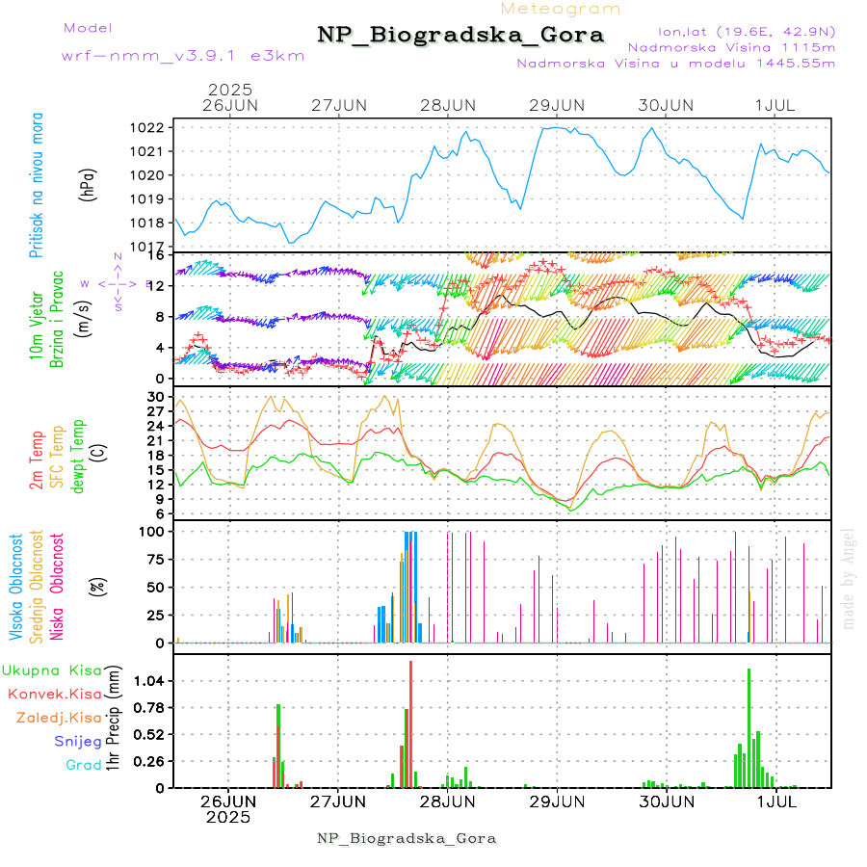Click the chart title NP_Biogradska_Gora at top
coord(460,36)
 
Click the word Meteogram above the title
coord(561,9)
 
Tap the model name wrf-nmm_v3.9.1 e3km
coord(183,56)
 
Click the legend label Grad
coord(84,765)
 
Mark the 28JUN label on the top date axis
coord(448,105)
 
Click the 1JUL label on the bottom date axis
coord(775,801)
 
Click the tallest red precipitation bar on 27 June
coord(410,722)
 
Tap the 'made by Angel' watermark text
coord(849,578)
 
